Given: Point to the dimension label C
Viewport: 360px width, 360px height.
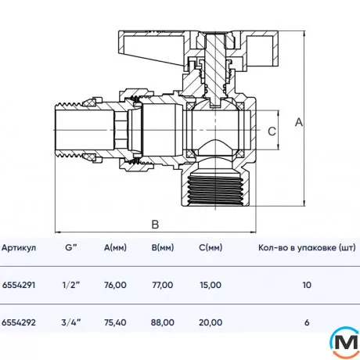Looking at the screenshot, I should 272,131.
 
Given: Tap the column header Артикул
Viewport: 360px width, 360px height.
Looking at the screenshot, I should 19,248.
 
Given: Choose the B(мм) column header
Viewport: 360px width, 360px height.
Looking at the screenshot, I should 162,248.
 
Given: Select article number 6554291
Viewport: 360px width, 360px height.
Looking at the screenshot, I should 19,286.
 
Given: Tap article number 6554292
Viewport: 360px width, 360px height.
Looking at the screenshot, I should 19,322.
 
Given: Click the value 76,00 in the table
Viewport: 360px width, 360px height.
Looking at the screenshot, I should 114,286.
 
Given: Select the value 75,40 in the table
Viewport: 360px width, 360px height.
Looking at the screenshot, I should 114,322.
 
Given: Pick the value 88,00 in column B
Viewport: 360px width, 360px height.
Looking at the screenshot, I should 162,322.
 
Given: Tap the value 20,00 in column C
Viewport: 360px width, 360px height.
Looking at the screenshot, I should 210,322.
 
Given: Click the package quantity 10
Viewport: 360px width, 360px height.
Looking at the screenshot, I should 306,286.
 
